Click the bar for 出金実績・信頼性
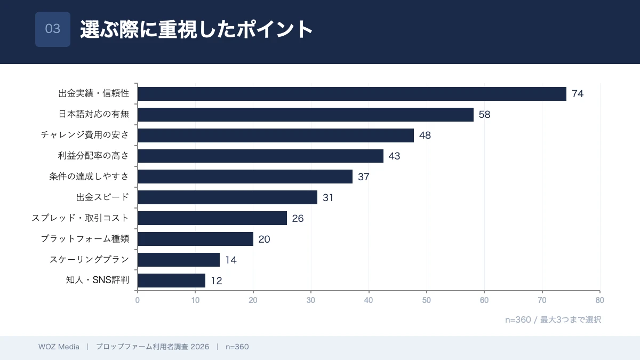pos(352,94)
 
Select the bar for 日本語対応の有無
pos(306,115)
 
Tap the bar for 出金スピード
pos(227,197)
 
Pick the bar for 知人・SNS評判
pos(171,281)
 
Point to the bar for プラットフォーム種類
pos(195,239)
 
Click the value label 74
pos(578,94)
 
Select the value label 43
pos(394,156)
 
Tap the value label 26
pos(298,219)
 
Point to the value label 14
pos(230,260)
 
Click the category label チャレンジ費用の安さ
pos(85,135)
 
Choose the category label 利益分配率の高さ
pos(93,156)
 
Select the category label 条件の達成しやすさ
pos(89,177)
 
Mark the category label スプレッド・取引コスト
pos(80,218)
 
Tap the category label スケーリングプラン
pos(89,260)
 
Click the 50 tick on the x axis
pos(427,300)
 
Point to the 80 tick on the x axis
pos(600,300)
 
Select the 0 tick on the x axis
pos(138,300)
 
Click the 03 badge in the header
pos(53,29)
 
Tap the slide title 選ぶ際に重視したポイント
pos(196,29)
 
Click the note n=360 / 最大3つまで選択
pos(553,320)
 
